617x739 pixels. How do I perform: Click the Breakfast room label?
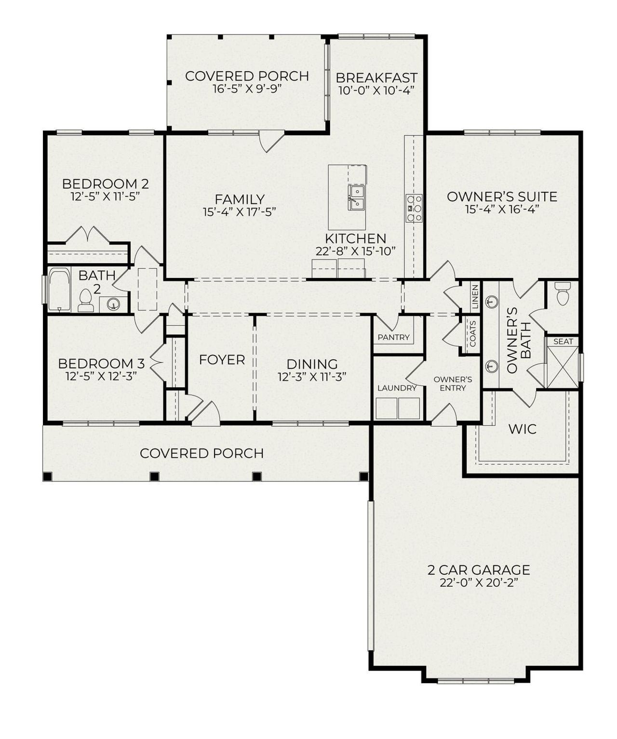[376, 78]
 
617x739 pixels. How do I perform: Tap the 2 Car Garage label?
[479, 570]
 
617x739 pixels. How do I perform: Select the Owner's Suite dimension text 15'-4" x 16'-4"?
[502, 209]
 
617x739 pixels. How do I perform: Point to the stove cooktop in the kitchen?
[414, 208]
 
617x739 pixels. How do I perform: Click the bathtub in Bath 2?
[60, 290]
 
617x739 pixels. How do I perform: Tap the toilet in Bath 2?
[86, 300]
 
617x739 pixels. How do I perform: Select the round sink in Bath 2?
[113, 304]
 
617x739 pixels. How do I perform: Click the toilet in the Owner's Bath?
[563, 293]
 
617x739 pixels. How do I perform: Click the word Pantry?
[393, 337]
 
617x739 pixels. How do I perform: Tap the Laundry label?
[397, 388]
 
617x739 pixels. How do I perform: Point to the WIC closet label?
[523, 429]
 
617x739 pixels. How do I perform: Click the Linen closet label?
[475, 297]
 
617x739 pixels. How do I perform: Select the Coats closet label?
[473, 334]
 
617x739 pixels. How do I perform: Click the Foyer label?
[222, 359]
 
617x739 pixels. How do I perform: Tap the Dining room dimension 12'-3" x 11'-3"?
[312, 377]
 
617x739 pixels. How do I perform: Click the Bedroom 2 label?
[105, 184]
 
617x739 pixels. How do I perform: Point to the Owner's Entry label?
[453, 383]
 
